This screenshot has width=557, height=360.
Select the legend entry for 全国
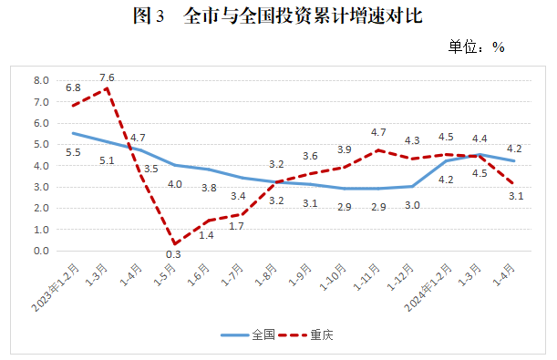coord(248,335)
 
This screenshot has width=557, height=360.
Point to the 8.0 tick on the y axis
coord(42,80)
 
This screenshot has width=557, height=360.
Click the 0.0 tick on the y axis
coord(42,251)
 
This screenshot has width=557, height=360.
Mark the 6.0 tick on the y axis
coord(42,123)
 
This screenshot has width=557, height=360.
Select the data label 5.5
coord(73,152)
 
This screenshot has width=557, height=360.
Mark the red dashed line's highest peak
coord(108,88)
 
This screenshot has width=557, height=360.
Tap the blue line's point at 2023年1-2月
coord(74,133)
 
